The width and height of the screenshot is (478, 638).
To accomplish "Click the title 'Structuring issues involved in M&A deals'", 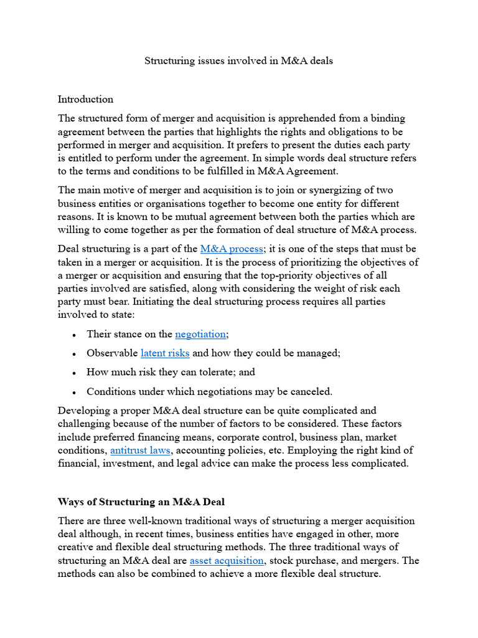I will pyautogui.click(x=239, y=61).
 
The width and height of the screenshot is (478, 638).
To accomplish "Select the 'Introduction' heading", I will pyautogui.click(x=85, y=99).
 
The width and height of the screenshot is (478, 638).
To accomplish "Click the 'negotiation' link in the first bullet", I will pyautogui.click(x=201, y=334).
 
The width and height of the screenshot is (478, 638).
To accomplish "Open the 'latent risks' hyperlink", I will pyautogui.click(x=165, y=353).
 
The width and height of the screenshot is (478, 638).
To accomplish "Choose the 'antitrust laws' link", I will pyautogui.click(x=140, y=450).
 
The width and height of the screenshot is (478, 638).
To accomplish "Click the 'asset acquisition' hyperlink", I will pyautogui.click(x=227, y=560).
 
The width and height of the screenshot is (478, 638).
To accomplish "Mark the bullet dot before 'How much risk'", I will pyautogui.click(x=74, y=373).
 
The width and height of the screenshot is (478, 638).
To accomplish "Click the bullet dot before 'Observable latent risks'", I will pyautogui.click(x=74, y=354).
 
